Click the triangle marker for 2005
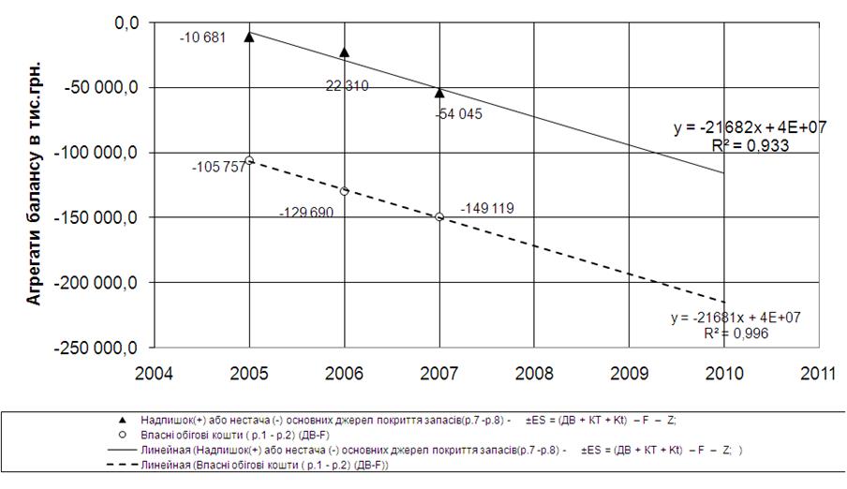pos(249,37)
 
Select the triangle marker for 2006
pos(345,52)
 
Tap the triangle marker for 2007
pos(439,92)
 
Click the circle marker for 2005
pos(249,159)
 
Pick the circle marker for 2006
pos(345,191)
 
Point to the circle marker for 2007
pos(439,216)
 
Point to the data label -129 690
pos(306,213)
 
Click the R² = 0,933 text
pos(750,146)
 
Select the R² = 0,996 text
pos(735,333)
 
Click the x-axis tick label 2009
pos(630,372)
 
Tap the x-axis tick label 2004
pos(155,372)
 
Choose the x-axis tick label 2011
pos(819,372)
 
